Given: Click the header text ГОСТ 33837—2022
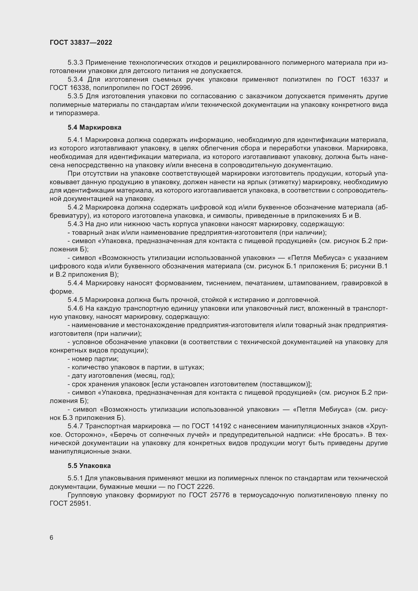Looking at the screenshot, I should pyautogui.click(x=81, y=43).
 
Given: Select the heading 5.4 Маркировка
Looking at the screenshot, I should pyautogui.click(x=95, y=127).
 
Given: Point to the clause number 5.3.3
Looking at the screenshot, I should pyautogui.click(x=75, y=63).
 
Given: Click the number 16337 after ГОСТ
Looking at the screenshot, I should pyautogui.click(x=370, y=80).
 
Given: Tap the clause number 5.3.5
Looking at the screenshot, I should pyautogui.click(x=75, y=96).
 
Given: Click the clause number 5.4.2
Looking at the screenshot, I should pyautogui.click(x=75, y=207).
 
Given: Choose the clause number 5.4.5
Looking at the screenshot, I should pyautogui.click(x=75, y=300).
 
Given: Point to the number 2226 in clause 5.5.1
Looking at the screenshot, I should pyautogui.click(x=205, y=487).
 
